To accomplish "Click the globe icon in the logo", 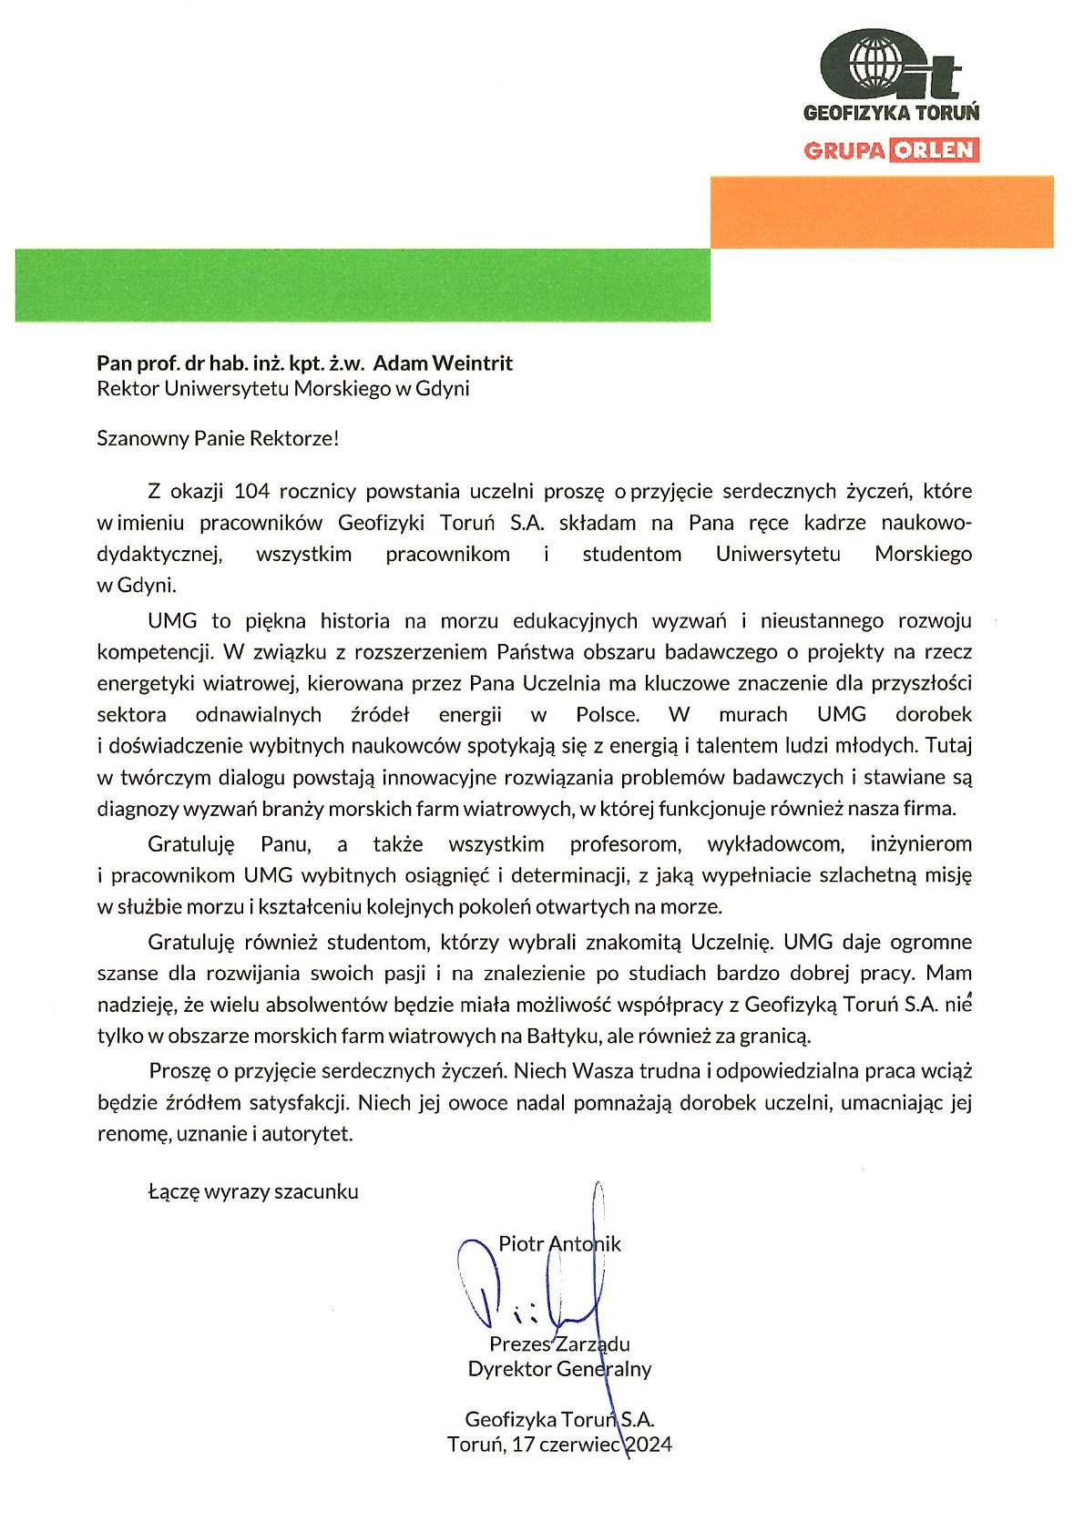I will coord(875,63).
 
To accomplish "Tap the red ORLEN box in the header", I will coord(934,149).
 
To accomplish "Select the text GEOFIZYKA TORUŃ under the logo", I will coord(891,113).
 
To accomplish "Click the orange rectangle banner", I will coord(881,211).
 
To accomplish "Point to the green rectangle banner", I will coord(363,285).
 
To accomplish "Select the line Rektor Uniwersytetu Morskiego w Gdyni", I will coord(283,389).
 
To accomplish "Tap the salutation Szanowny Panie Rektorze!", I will coord(218,438).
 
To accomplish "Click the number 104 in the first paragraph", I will coord(251,491).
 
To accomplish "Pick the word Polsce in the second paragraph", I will coord(608,714).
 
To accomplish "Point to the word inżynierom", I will coord(921,843).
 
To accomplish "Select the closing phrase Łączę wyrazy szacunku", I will coord(253,1191).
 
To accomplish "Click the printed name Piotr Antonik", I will coord(559,1244).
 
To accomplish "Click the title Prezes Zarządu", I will coord(559,1343).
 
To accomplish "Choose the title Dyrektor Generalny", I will coord(559,1368).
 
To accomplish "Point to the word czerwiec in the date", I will coord(580,1444).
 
